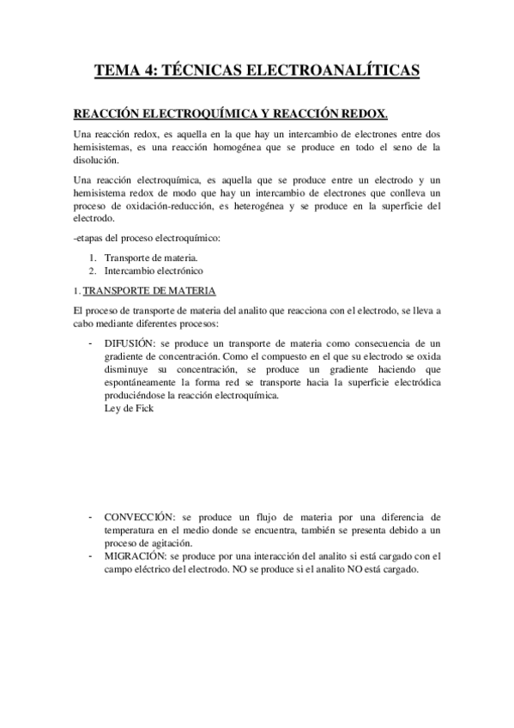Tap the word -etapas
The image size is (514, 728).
pyautogui.click(x=93, y=238)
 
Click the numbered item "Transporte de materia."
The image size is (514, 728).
pyautogui.click(x=151, y=258)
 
